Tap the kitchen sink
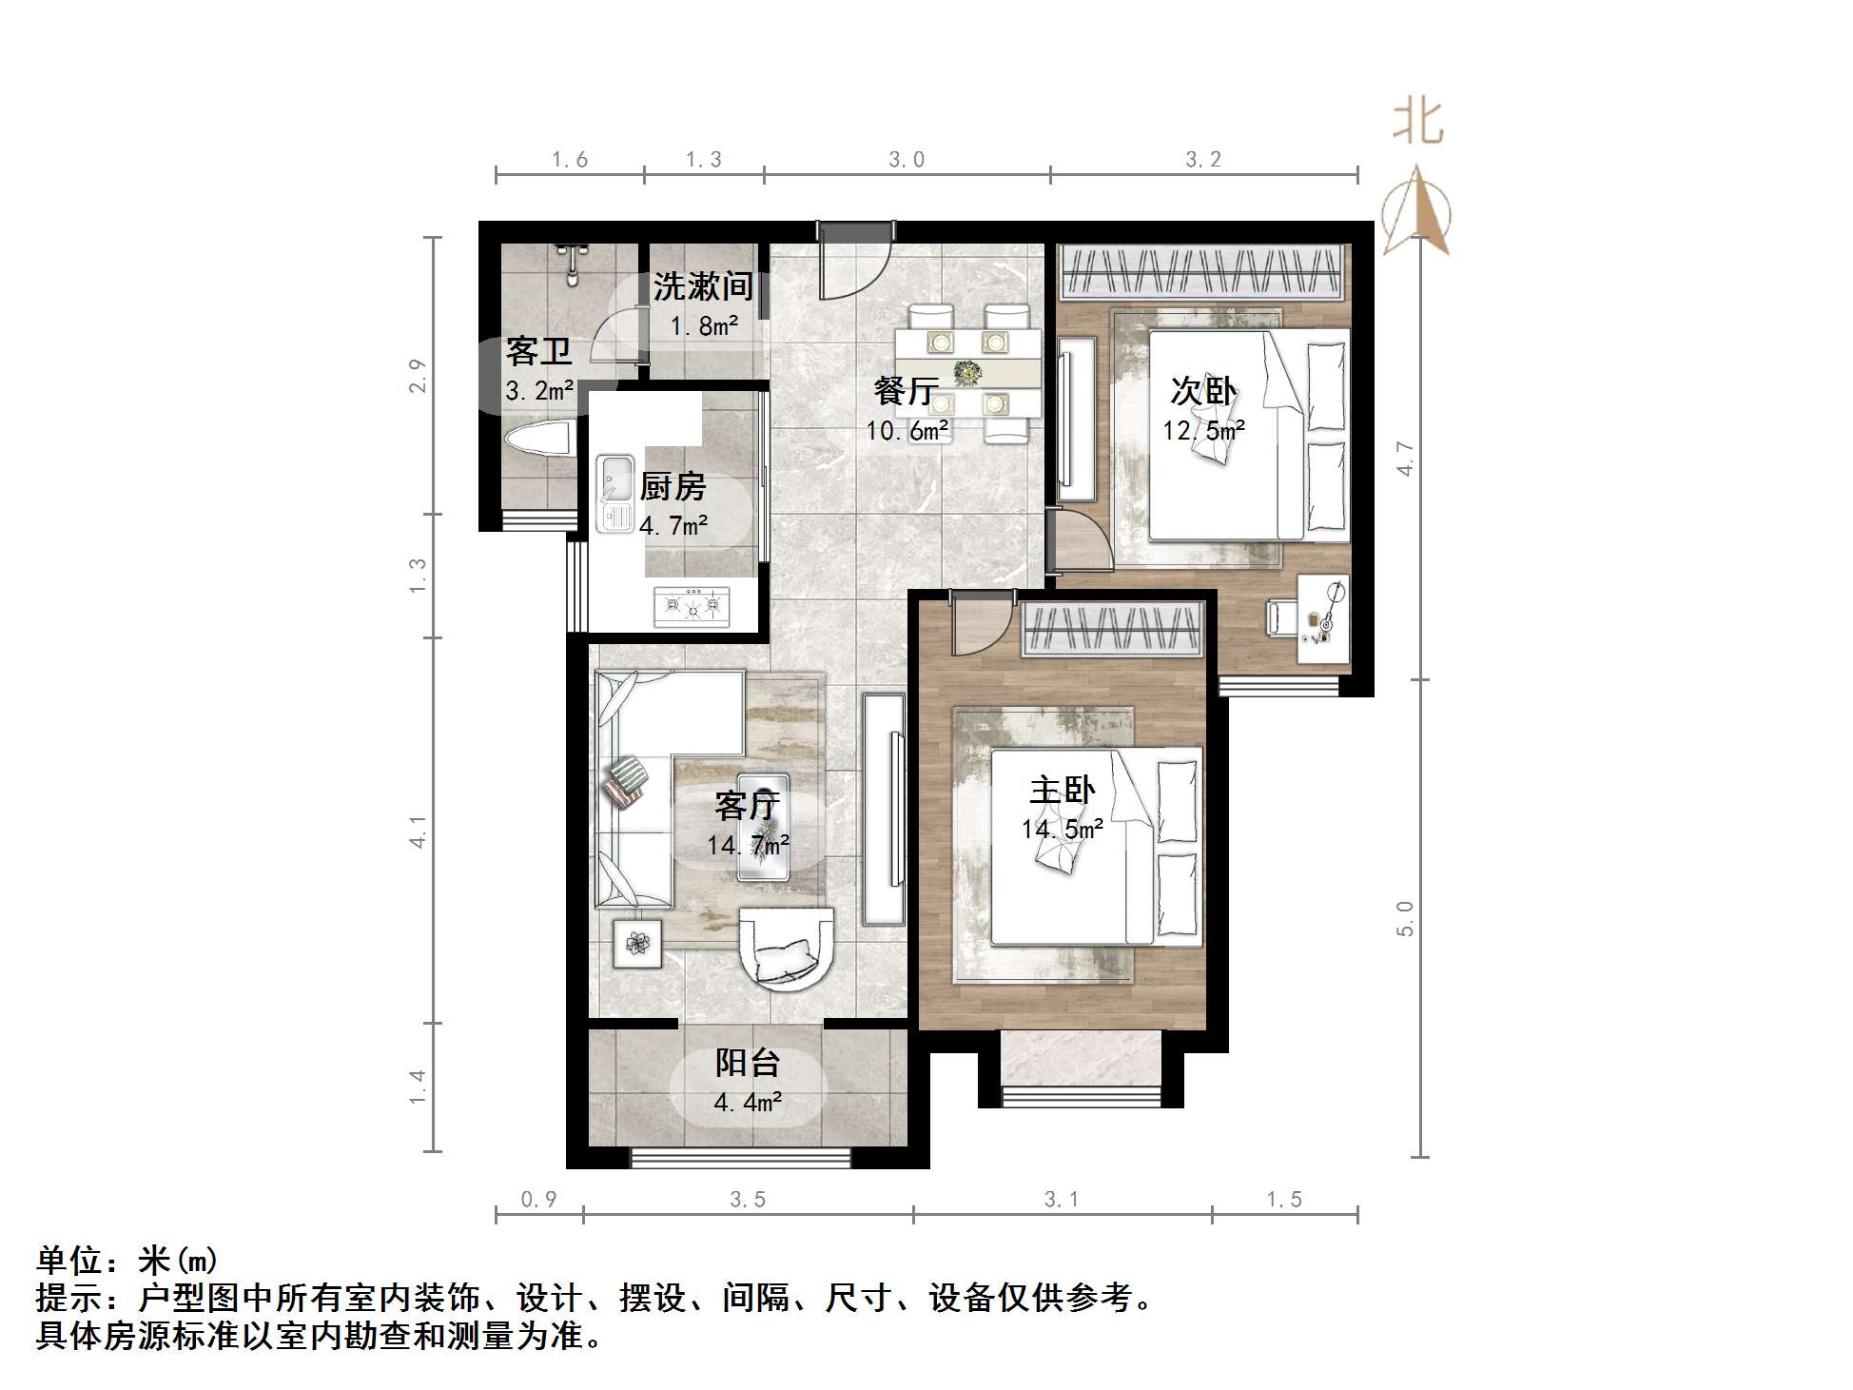pyautogui.click(x=614, y=493)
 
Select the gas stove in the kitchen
pyautogui.click(x=692, y=606)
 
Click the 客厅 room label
pyautogui.click(x=748, y=806)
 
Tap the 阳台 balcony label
pyautogui.click(x=748, y=1063)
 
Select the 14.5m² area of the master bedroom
pyautogui.click(x=1062, y=829)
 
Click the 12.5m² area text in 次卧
pyautogui.click(x=1203, y=431)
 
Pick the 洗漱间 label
pyautogui.click(x=703, y=285)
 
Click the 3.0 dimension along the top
pyautogui.click(x=907, y=160)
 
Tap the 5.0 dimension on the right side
pyautogui.click(x=1405, y=918)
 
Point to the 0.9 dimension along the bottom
pyautogui.click(x=538, y=1200)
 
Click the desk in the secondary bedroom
pyautogui.click(x=1323, y=618)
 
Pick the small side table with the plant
pyautogui.click(x=636, y=943)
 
